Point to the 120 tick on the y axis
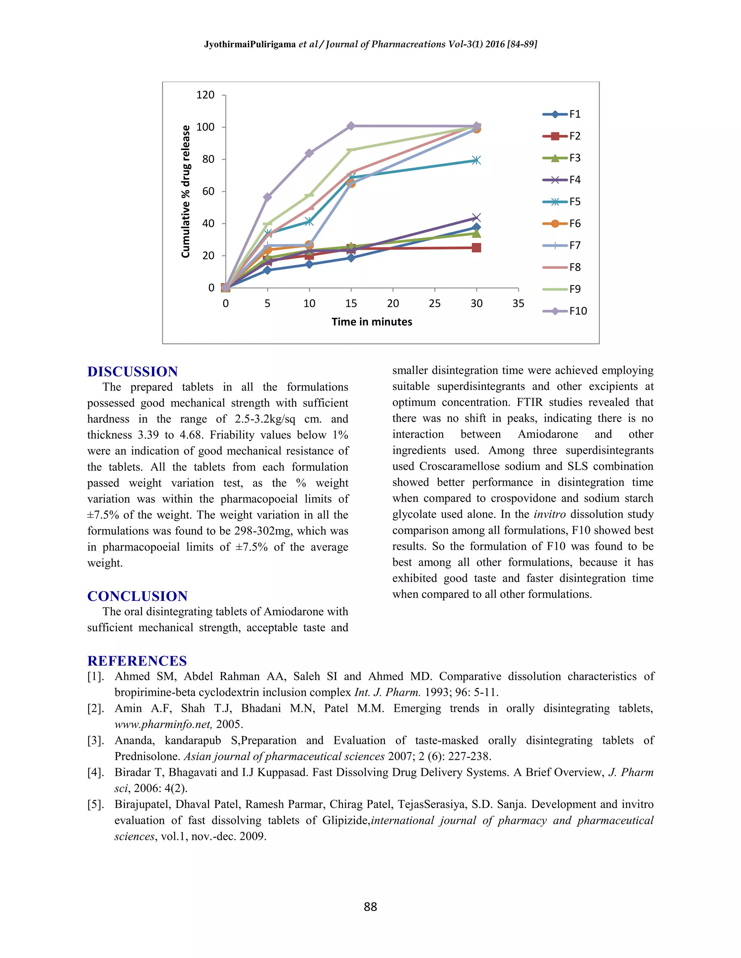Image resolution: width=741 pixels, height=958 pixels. [205, 95]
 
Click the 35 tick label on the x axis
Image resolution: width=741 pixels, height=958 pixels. [518, 304]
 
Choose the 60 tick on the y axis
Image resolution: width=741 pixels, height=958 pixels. [208, 191]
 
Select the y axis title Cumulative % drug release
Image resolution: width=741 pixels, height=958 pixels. [186, 192]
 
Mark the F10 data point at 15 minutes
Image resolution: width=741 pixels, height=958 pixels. [351, 126]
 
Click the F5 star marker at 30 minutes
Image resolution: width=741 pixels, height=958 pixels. [476, 160]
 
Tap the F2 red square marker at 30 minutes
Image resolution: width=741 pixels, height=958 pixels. [476, 248]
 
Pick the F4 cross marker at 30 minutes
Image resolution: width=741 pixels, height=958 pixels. [476, 218]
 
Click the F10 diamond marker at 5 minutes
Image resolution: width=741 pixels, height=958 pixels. [267, 197]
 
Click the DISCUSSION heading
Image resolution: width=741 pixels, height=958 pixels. [132, 372]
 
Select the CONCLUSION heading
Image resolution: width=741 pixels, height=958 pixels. [137, 596]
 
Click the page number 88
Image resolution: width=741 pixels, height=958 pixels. [370, 907]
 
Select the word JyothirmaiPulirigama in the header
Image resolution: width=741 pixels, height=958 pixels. [250, 44]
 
